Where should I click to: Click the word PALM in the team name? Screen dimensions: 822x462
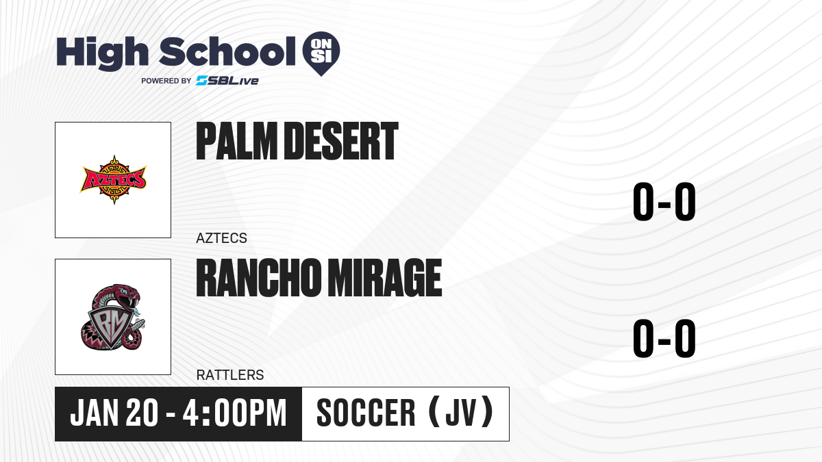click(237, 141)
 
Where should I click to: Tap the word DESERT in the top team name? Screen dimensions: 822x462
click(341, 141)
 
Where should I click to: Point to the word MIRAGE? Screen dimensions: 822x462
click(384, 278)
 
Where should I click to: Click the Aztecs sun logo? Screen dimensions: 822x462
click(113, 179)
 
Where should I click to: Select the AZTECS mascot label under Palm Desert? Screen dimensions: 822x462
click(221, 238)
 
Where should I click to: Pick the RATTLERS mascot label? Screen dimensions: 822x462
click(230, 375)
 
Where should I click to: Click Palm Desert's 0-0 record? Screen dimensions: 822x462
click(664, 202)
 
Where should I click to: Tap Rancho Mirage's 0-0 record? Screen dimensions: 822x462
click(664, 338)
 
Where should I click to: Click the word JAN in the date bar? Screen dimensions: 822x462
click(95, 413)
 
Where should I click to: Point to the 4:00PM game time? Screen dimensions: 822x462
click(234, 413)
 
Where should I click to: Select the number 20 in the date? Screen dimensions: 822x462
click(142, 413)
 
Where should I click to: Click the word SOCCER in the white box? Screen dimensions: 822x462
click(366, 413)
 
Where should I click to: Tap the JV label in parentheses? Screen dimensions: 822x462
click(461, 413)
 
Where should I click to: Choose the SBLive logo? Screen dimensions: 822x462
click(227, 81)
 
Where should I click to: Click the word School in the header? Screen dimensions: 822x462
click(227, 51)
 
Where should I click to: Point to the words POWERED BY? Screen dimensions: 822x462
click(166, 81)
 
